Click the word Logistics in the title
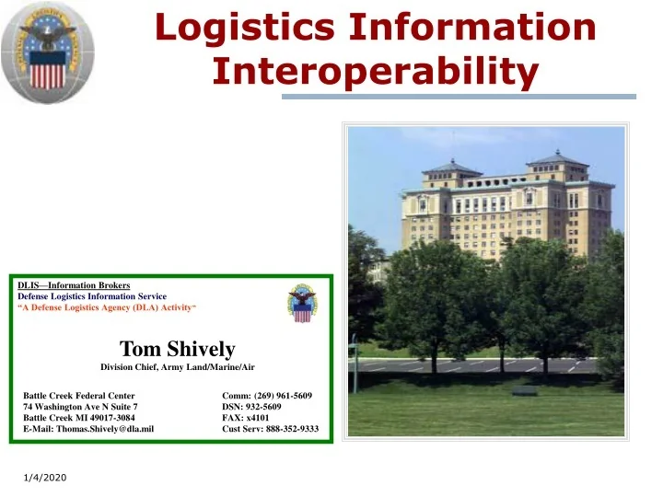(x=243, y=27)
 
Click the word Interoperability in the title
(x=375, y=72)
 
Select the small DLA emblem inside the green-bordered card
(x=301, y=303)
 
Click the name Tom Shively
(x=178, y=349)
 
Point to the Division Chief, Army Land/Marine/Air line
(x=178, y=367)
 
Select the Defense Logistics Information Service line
(x=92, y=296)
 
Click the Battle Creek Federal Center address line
(x=78, y=396)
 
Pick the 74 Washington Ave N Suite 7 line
(x=80, y=406)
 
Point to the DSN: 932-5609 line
(x=251, y=406)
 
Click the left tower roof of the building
(x=451, y=168)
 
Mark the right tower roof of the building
(x=557, y=158)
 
